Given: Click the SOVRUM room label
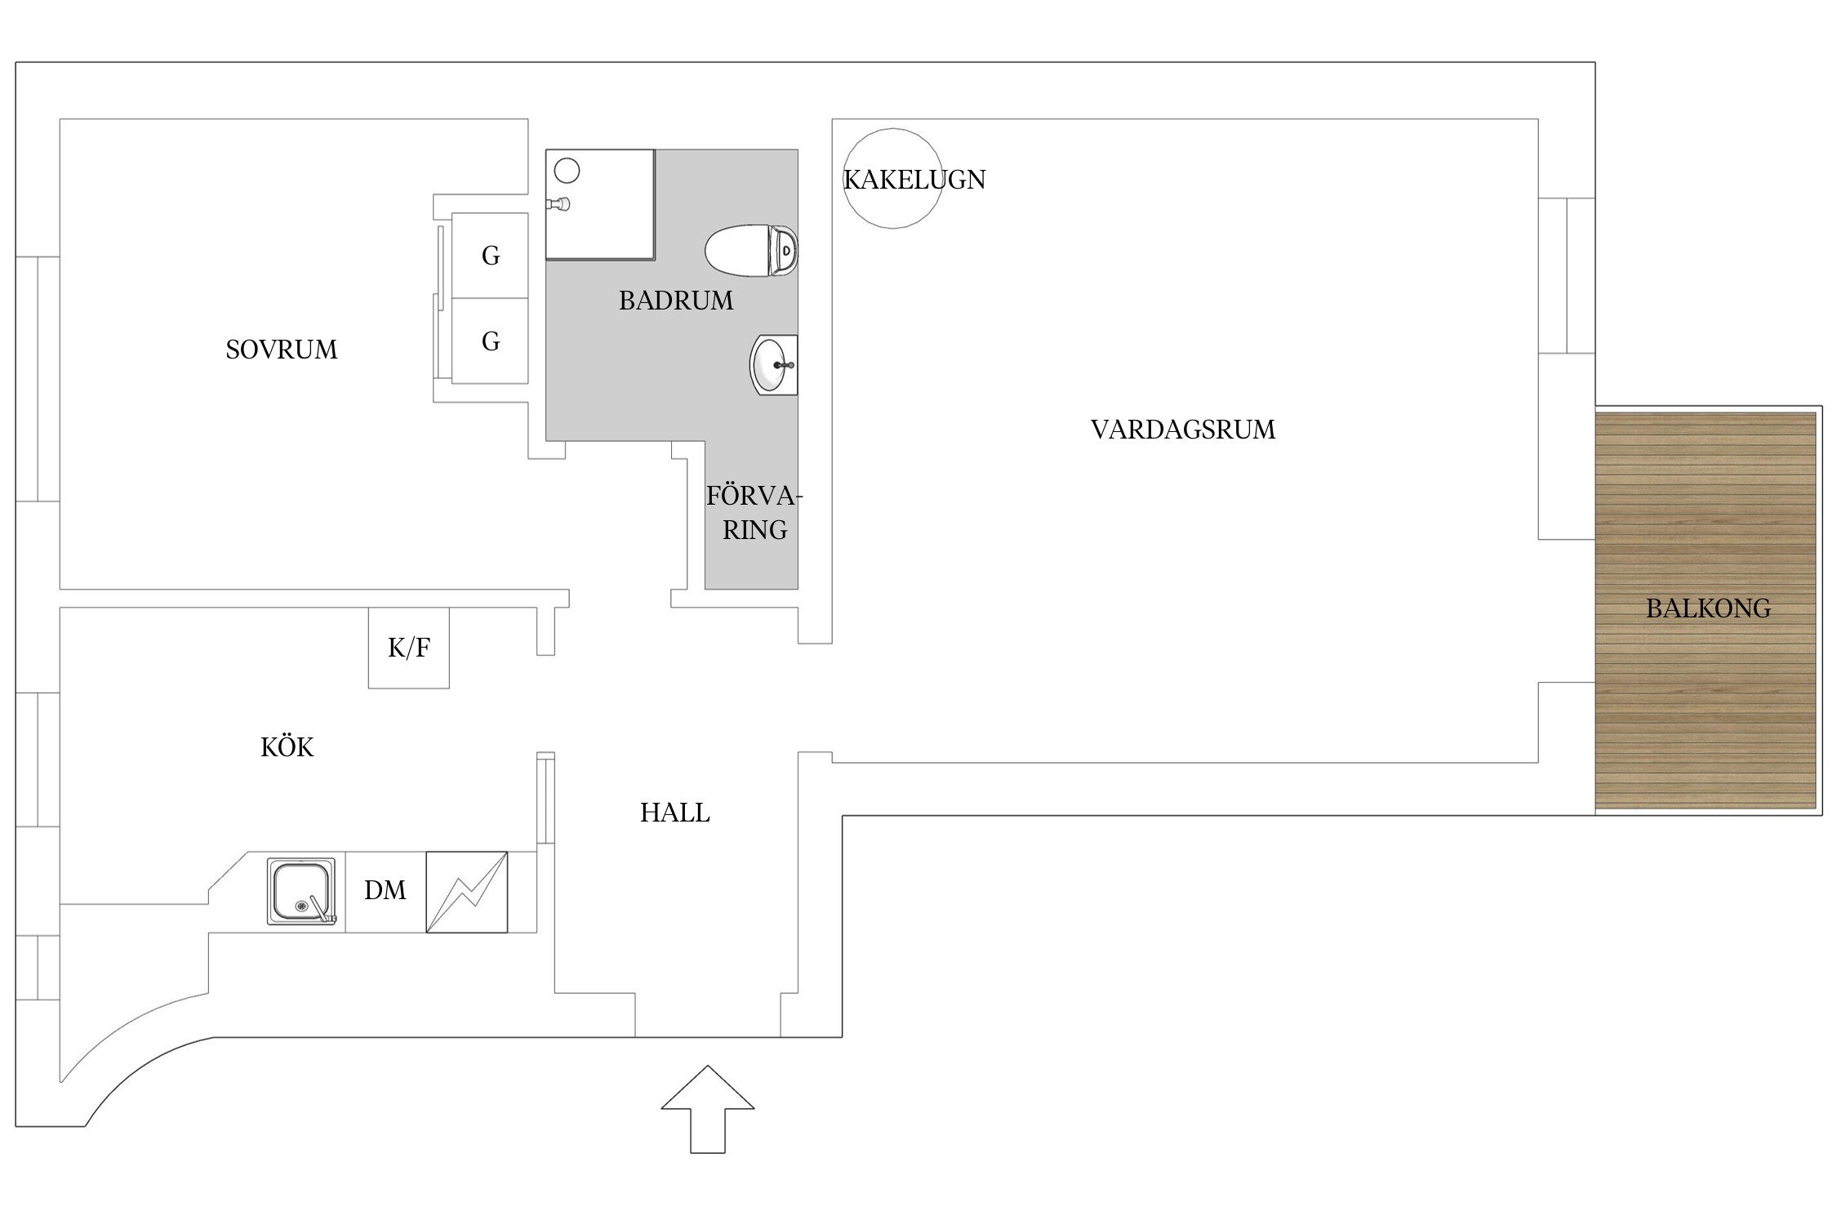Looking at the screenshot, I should coord(281,350).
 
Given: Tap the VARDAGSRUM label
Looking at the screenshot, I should coord(1182,430).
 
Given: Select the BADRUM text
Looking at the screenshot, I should coord(675,301).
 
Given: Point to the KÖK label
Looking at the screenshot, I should coord(287,747).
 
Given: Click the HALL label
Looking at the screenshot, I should coord(674,813).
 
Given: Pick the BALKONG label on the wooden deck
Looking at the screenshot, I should coord(1708,608).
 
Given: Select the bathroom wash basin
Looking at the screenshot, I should coord(772,365).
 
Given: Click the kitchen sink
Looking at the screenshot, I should coord(300,891).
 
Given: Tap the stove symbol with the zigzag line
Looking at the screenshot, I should coord(467,892).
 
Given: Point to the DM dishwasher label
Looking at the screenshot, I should coord(385,890).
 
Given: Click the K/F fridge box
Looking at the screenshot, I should coord(408,648).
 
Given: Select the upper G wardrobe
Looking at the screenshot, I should coord(490,256).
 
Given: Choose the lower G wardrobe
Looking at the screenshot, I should coord(490,341).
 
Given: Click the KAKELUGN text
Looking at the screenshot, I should coord(914,180).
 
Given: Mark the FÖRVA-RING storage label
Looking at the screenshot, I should coord(754,513).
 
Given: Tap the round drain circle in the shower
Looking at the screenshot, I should coord(567,171).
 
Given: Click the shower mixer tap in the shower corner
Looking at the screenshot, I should coord(559,203).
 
